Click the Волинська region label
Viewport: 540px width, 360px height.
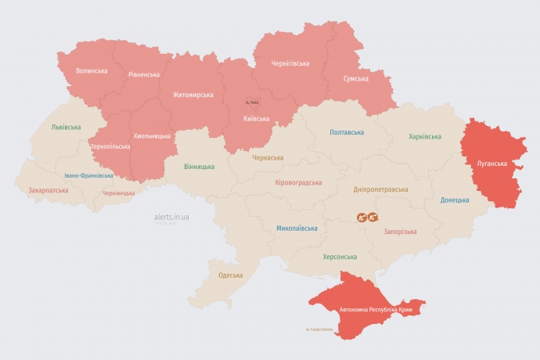pyautogui.click(x=92, y=71)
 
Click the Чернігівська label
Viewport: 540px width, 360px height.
pyautogui.click(x=290, y=63)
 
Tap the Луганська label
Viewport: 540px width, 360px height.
pyautogui.click(x=492, y=164)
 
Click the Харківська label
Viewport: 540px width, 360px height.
pyautogui.click(x=425, y=137)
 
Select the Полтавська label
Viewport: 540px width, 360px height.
pyautogui.click(x=347, y=132)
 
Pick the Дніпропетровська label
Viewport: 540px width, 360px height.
pyautogui.click(x=381, y=189)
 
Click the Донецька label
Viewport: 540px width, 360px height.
pyautogui.click(x=455, y=200)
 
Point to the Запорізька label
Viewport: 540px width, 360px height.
pyautogui.click(x=400, y=232)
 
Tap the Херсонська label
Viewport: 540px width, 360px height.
pyautogui.click(x=340, y=257)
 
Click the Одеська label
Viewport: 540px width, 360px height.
pyautogui.click(x=230, y=275)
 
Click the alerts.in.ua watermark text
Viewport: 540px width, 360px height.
pyautogui.click(x=172, y=217)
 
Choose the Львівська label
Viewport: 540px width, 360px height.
pyautogui.click(x=66, y=127)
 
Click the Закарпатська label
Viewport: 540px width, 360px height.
pyautogui.click(x=47, y=190)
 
